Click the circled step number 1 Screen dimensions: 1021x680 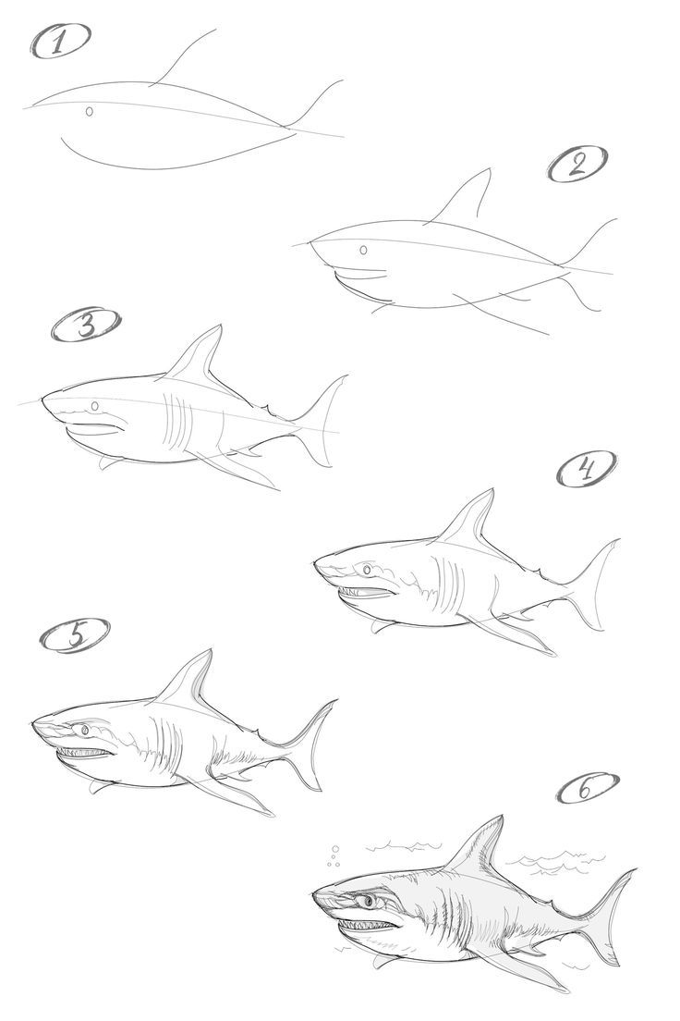62,43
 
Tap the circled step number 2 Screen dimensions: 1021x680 579,165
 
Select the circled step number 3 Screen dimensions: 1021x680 86,326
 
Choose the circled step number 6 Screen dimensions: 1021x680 588,788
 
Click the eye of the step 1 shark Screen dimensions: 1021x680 90,112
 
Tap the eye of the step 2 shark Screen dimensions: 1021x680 363,250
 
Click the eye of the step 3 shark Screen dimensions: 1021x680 95,406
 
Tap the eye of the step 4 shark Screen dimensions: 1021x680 369,569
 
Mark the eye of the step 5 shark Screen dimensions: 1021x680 86,731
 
